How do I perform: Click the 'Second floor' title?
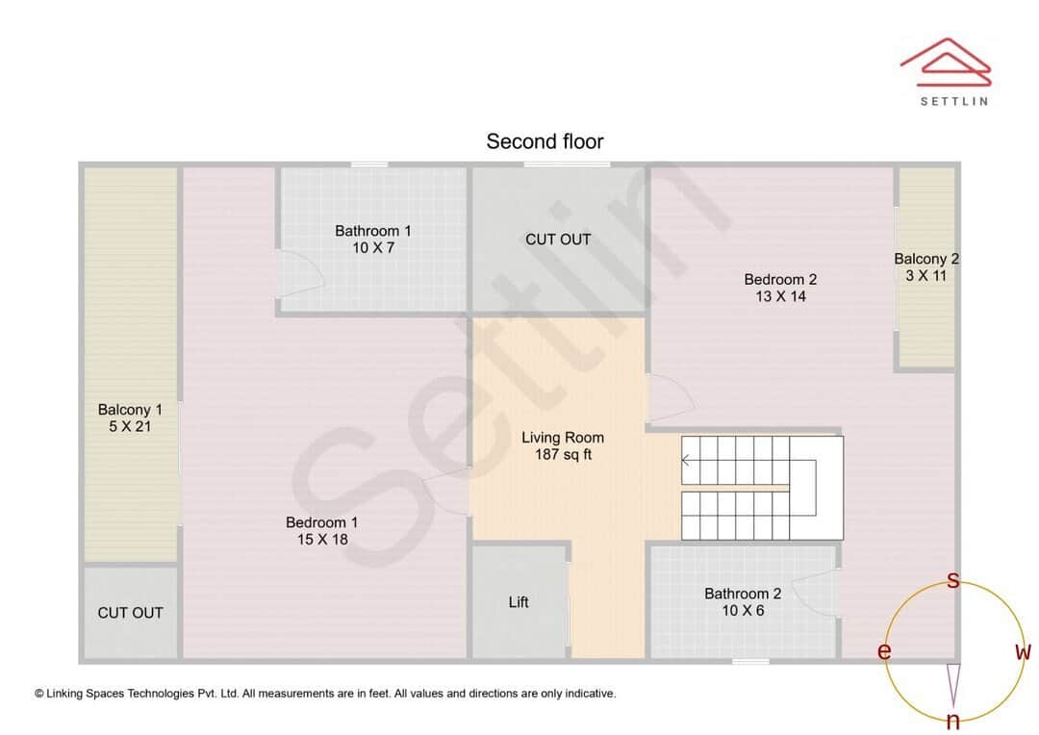point(545,141)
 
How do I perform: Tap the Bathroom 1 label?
point(373,231)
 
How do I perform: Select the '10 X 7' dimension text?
point(373,248)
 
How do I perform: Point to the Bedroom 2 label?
point(780,280)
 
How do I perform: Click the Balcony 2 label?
point(926,259)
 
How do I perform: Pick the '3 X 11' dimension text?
point(926,276)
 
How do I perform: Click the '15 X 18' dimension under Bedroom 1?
point(322,540)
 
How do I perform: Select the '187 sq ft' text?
point(563,454)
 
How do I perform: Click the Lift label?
point(519,602)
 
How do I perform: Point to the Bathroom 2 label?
point(743,594)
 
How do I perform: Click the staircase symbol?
point(760,488)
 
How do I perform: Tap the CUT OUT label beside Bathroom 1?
point(558,239)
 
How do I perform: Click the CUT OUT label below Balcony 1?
point(130,613)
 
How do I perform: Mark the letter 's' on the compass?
point(953,581)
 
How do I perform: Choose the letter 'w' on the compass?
point(1023,652)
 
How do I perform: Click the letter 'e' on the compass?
point(884,652)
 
